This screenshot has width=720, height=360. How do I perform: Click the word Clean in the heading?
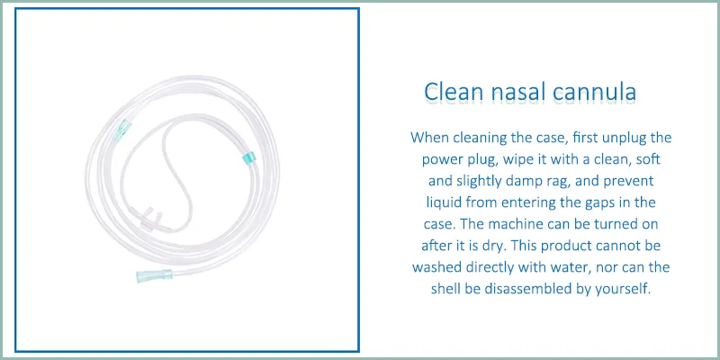[451, 93]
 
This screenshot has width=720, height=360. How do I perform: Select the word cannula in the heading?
[602, 93]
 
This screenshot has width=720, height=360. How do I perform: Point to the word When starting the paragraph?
[430, 138]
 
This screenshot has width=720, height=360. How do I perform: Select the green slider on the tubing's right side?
[246, 158]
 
